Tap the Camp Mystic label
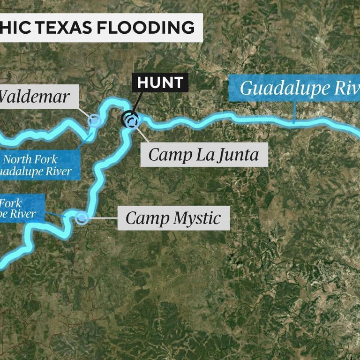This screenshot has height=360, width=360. pos(173,218)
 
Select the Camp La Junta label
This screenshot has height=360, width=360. pos(204,154)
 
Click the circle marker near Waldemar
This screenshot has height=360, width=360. pos(95,120)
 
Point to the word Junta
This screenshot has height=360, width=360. pos(237,155)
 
